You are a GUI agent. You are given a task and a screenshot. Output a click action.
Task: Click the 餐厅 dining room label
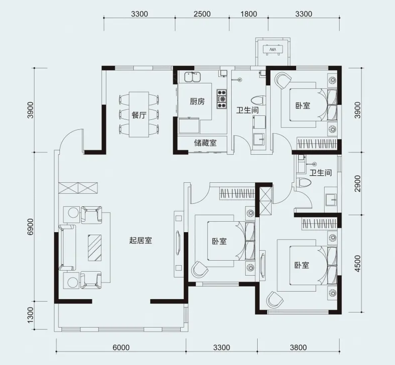[139, 115]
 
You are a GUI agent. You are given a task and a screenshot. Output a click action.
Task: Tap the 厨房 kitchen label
[197, 101]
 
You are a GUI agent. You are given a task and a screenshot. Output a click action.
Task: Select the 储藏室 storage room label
[205, 143]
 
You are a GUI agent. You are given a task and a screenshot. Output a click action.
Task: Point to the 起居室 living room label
[140, 241]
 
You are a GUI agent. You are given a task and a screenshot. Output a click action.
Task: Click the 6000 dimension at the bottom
[121, 348]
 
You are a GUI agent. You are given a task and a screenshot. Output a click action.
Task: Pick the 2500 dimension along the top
[202, 14]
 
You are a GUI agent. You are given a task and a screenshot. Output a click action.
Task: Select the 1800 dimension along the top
[249, 14]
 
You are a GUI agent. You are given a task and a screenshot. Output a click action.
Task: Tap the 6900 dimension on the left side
[30, 227]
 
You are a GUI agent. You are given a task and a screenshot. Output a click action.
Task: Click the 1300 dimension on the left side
[30, 315]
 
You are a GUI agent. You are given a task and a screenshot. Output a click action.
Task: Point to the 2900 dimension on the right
[358, 184]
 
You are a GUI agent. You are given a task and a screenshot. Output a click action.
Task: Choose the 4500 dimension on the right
[358, 264]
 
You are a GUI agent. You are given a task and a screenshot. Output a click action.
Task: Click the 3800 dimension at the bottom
[298, 348]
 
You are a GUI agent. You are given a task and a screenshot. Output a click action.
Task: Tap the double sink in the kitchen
[192, 77]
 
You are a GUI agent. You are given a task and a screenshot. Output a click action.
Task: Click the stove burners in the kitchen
[222, 99]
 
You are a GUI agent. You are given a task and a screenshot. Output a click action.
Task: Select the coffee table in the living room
[95, 248]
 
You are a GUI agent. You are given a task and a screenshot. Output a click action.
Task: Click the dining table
[138, 115]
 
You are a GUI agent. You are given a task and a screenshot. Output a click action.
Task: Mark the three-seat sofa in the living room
[67, 248]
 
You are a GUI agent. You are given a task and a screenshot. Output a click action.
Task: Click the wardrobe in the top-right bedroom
[317, 144]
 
